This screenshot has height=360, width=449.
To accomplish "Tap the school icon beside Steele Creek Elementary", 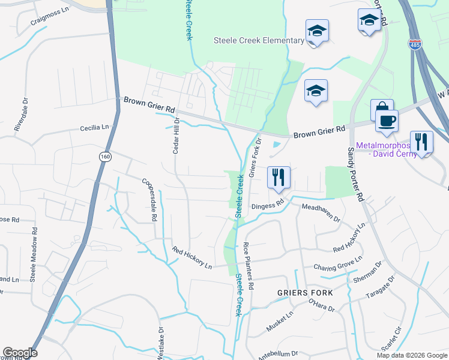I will [317, 31].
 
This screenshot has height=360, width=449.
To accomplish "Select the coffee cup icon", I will [387, 121].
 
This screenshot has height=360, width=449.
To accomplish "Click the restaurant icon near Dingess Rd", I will [278, 177].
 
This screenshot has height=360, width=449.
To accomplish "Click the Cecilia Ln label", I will [97, 128].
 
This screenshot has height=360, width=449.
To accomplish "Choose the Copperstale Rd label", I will [149, 199].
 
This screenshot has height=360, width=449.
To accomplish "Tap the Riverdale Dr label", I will [25, 115].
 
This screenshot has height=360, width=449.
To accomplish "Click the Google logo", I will [20, 353].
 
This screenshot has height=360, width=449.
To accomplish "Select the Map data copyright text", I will [412, 355].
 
